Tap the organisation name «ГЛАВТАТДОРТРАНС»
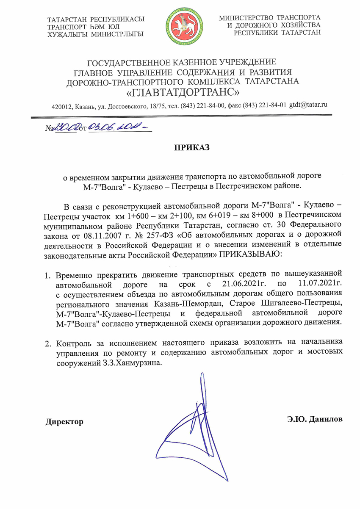[x=183, y=91]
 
